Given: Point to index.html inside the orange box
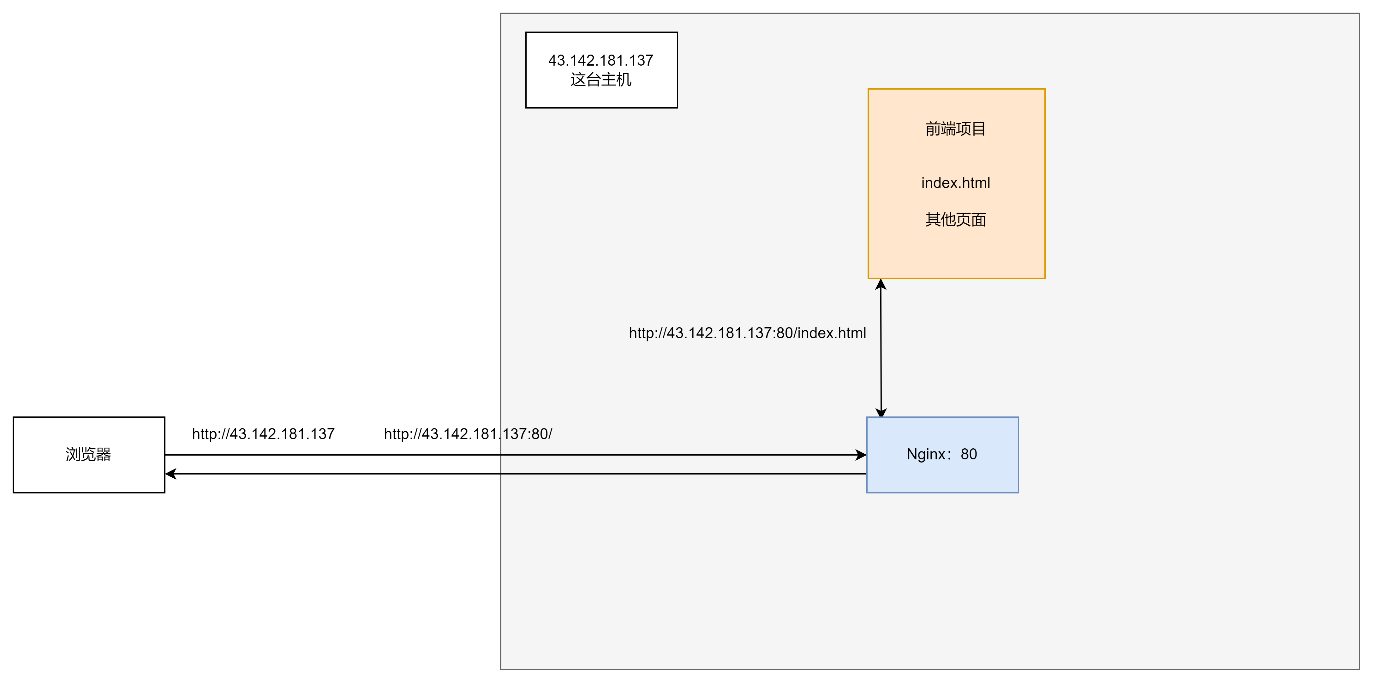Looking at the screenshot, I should click(x=955, y=183).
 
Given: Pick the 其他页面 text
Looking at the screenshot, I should click(x=955, y=220).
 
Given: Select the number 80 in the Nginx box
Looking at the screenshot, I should click(x=969, y=454).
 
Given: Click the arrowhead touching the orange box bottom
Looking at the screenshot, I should click(x=881, y=285).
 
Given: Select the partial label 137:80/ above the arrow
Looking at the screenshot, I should click(x=527, y=434).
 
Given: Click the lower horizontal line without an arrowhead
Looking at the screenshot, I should click(x=683, y=474).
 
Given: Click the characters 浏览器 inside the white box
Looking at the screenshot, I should click(x=88, y=454).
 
